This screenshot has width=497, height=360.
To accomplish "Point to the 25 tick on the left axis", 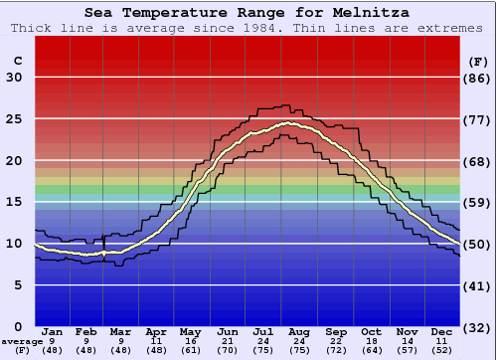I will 15,119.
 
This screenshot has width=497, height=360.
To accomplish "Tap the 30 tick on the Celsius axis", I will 15,78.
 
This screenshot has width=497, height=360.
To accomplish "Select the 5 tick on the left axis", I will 19,285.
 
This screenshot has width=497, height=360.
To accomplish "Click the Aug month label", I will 299,331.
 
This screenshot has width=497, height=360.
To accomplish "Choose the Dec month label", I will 441,331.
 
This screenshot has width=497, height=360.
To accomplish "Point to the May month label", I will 189,331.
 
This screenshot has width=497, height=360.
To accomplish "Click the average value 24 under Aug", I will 299,341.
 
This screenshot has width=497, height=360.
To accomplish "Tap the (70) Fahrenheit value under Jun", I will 228,350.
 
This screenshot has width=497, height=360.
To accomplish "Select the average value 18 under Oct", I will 372,341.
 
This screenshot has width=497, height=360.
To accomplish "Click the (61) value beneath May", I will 189,350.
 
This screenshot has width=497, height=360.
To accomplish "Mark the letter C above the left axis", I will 16,61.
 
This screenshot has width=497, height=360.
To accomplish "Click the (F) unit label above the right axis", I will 478,61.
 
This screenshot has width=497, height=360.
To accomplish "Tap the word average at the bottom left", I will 22,341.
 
